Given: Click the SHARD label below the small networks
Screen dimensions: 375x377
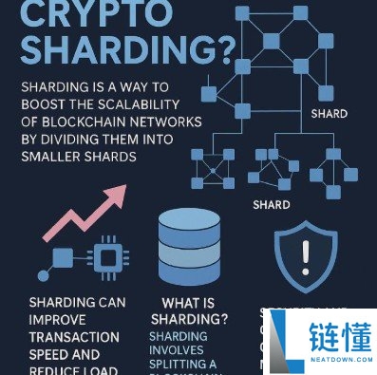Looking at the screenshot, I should click(x=272, y=204).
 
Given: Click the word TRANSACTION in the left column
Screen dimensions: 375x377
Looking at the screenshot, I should click(x=74, y=337).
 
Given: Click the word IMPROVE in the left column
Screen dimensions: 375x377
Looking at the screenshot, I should click(x=58, y=321).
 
